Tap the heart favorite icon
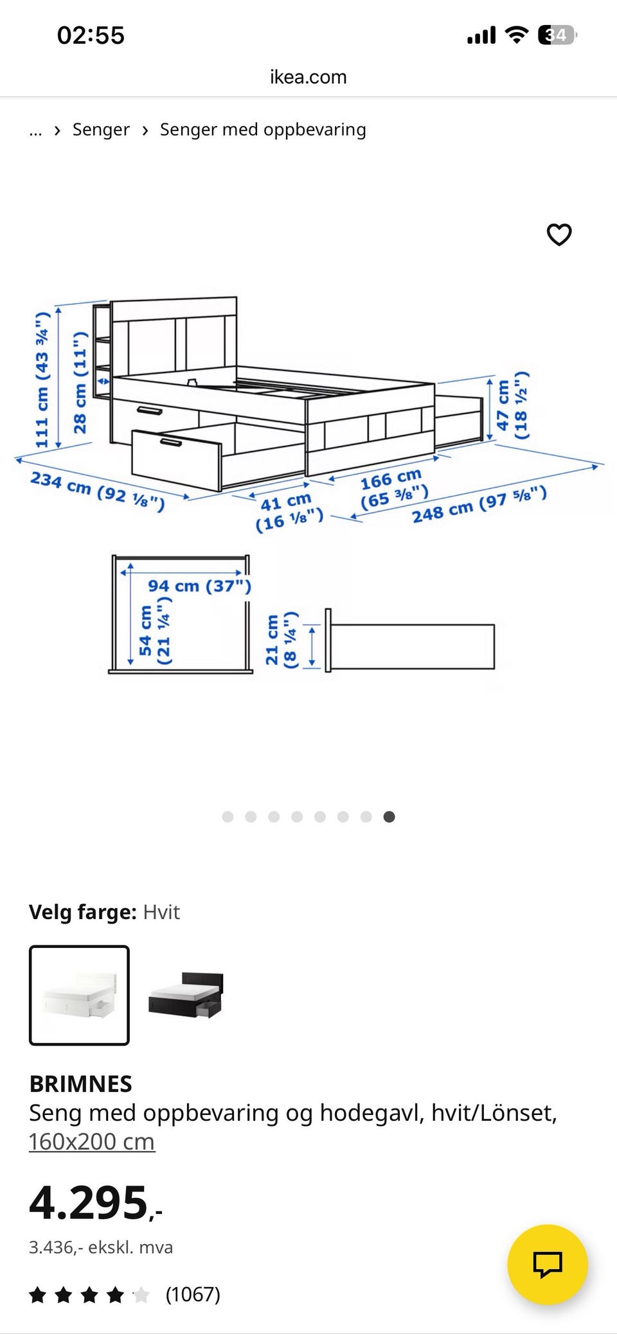[x=559, y=234]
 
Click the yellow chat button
[x=548, y=1264]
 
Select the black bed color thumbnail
[x=186, y=995]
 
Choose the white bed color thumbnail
[x=79, y=995]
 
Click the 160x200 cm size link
[x=92, y=1141]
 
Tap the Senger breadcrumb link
[x=101, y=130]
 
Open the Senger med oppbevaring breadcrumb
[x=263, y=130]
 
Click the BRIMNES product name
[x=81, y=1084]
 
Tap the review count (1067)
[x=193, y=1294]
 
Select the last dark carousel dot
[x=389, y=816]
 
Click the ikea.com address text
[x=308, y=77]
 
